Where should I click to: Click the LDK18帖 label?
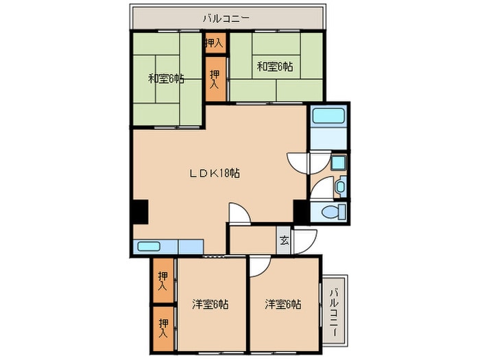point(214,173)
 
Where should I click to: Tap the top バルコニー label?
point(226,19)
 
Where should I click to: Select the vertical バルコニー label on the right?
point(335,312)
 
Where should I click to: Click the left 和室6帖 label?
point(166,79)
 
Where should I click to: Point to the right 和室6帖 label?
point(274,66)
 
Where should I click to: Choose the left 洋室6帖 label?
point(211,304)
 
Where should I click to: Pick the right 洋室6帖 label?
point(283,304)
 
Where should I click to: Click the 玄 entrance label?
point(285,241)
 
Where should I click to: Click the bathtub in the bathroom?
point(328,116)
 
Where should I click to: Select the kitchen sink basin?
point(149,246)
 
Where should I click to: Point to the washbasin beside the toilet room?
point(341,187)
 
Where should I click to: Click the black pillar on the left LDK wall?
point(141,211)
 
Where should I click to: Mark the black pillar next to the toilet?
point(300,211)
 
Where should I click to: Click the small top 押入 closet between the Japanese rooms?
point(215,43)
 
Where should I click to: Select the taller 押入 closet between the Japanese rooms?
point(215,79)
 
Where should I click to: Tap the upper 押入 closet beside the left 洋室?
point(163,280)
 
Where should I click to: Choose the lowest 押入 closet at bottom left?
point(163,328)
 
